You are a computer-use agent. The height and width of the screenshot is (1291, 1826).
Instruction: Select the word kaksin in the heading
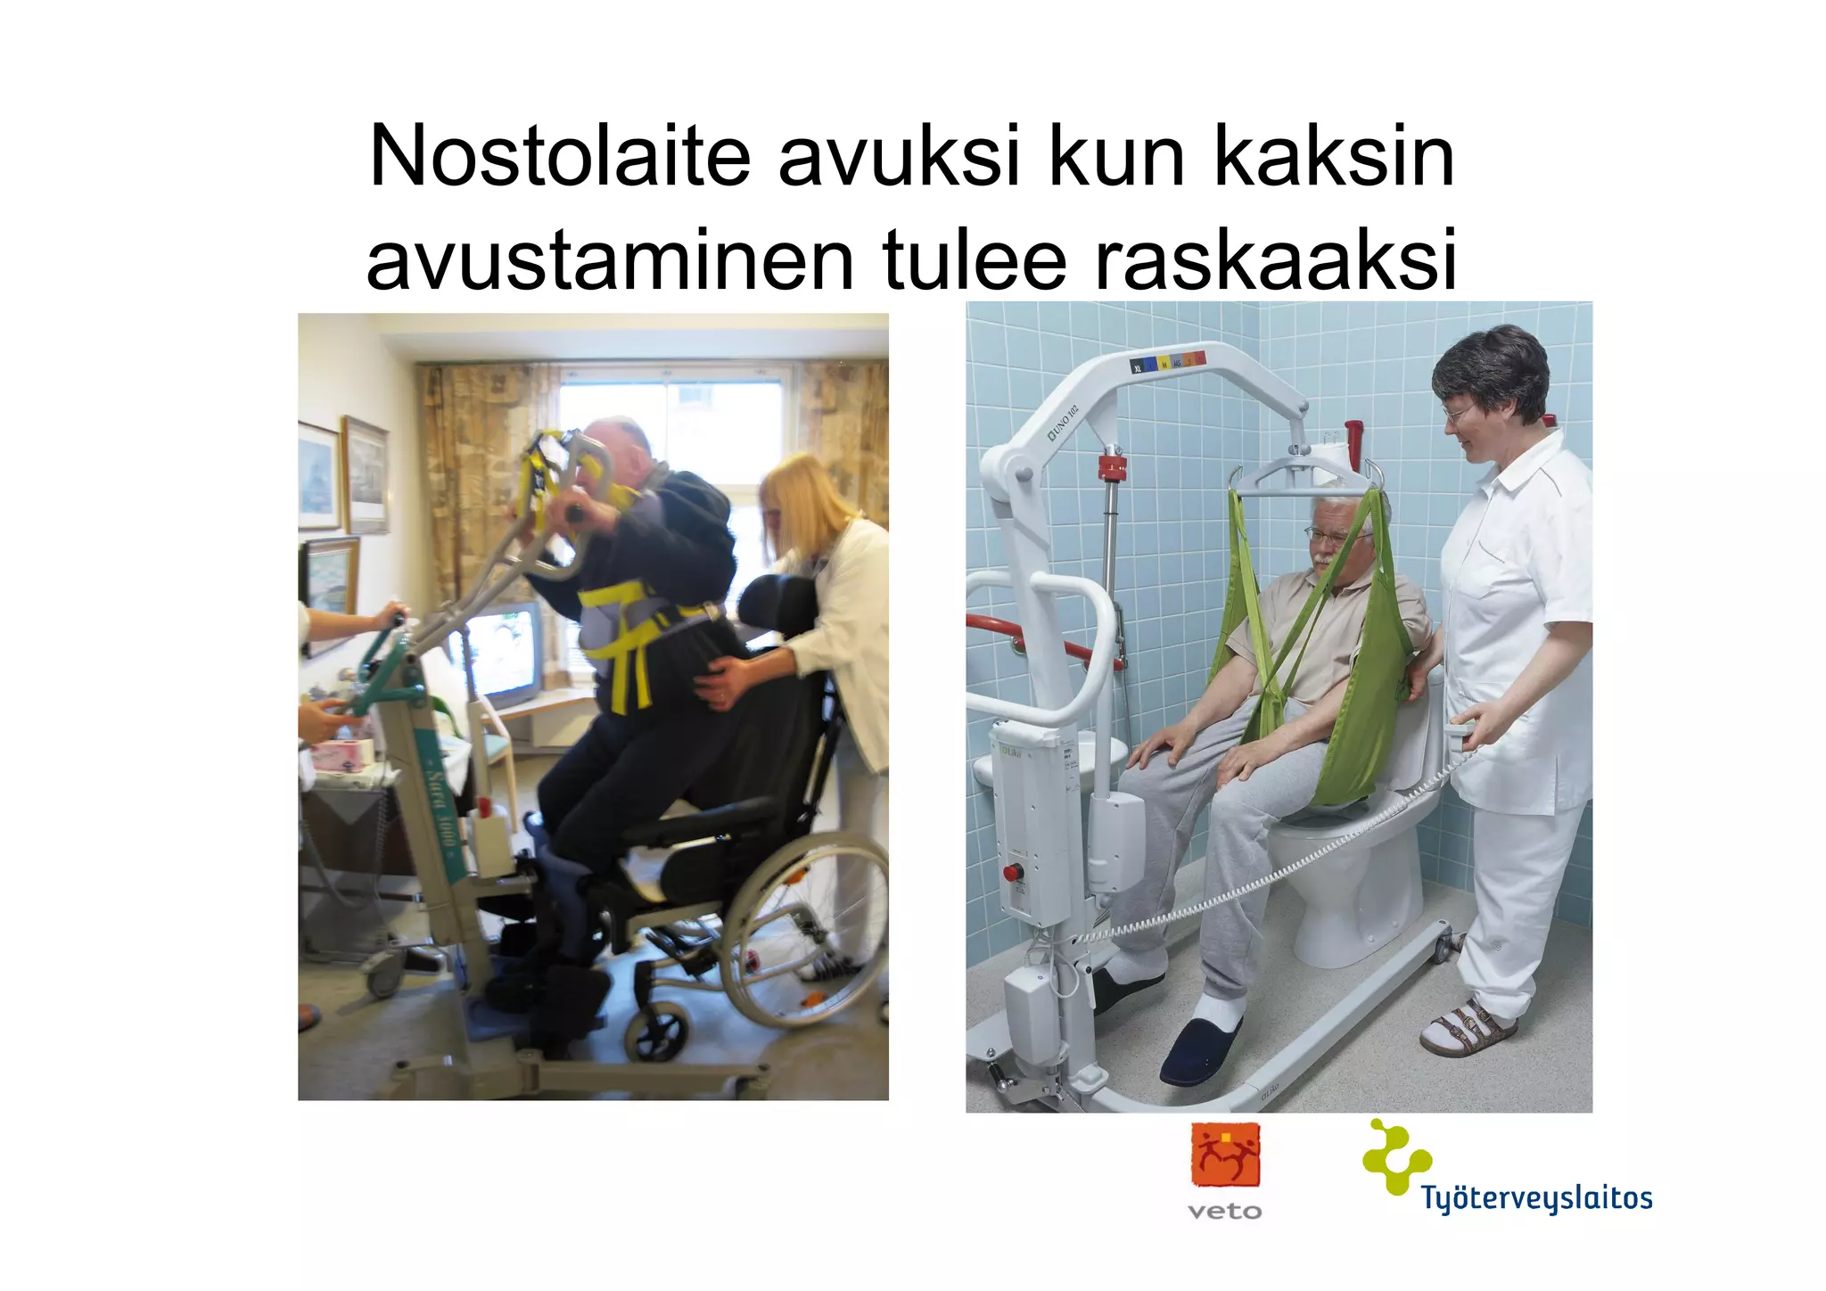(x=1334, y=158)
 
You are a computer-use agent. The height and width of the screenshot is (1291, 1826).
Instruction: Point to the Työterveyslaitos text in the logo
(x=1536, y=1198)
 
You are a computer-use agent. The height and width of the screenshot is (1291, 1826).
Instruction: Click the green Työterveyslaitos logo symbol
(x=1394, y=1156)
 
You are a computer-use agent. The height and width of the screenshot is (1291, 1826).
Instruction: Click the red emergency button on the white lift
(x=1013, y=871)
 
